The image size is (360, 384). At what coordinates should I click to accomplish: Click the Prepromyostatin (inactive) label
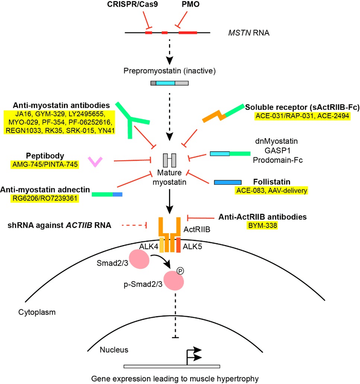(169, 71)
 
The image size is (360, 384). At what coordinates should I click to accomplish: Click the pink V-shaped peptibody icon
(95, 161)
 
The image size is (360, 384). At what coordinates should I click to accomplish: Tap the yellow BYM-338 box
(262, 225)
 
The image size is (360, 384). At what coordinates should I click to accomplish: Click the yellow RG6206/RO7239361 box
(46, 198)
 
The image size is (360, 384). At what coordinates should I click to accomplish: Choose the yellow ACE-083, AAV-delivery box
(271, 190)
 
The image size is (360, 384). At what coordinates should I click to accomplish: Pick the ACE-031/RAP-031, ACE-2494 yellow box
(302, 116)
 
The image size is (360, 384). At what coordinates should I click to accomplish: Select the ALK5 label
(193, 246)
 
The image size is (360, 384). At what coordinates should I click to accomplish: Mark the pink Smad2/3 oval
(139, 259)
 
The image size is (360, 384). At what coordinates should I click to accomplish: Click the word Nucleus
(114, 350)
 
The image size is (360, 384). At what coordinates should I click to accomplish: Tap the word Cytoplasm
(37, 312)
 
